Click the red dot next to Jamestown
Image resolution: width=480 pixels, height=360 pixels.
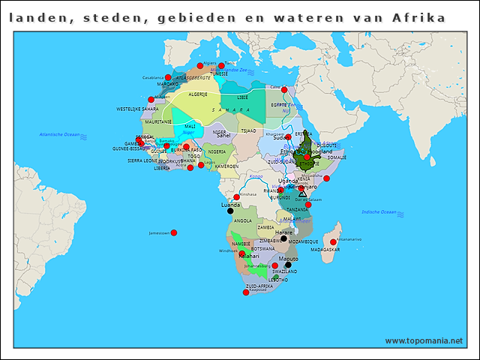[173, 232]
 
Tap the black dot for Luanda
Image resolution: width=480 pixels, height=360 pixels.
[230, 211]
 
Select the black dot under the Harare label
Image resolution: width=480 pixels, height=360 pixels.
[283, 238]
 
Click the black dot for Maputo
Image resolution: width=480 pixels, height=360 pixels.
[288, 264]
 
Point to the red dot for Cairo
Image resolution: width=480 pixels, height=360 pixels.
[284, 90]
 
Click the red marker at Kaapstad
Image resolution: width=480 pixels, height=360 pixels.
[246, 292]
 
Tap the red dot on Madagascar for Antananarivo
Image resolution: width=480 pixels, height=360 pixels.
[333, 242]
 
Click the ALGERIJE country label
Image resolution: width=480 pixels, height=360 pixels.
[197, 94]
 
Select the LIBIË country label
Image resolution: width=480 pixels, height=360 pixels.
[242, 97]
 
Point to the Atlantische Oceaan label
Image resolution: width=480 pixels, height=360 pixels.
[59, 134]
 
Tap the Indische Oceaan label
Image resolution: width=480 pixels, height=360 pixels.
[379, 212]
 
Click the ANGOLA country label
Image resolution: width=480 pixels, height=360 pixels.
[243, 221]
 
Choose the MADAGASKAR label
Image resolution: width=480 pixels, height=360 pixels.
[325, 249]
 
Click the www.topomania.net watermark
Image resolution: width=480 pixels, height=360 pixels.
[424, 340]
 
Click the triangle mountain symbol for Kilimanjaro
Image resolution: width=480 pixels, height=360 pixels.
[303, 193]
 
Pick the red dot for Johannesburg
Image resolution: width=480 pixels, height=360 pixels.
[274, 265]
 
